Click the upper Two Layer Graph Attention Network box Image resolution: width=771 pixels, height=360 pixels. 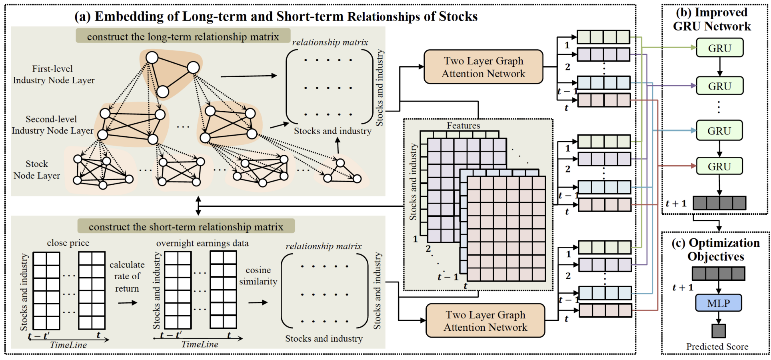[483, 67]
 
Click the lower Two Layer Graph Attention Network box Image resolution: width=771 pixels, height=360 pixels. [485, 321]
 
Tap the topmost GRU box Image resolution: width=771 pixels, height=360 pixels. [719, 48]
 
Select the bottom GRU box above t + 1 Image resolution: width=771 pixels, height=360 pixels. [719, 166]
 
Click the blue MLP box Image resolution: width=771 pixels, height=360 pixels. [718, 303]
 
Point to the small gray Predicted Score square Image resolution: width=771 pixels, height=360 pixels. [718, 331]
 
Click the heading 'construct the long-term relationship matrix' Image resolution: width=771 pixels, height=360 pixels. [183, 36]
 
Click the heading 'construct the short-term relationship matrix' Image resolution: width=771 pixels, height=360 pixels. [186, 227]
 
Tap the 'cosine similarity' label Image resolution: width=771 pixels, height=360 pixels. [258, 276]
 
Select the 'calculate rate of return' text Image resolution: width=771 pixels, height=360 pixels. [127, 276]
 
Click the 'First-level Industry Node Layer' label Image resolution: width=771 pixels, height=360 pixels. [54, 74]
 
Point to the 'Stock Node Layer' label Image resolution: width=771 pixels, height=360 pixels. [37, 170]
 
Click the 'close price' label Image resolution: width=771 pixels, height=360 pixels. [68, 243]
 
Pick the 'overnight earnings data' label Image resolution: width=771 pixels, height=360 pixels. [202, 243]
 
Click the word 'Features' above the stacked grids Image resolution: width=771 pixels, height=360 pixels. [463, 126]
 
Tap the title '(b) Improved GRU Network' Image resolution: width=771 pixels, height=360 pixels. [712, 19]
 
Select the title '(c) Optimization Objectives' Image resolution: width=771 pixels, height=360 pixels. [716, 250]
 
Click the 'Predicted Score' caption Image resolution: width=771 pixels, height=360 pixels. [717, 346]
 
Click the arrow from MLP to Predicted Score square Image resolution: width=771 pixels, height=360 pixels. [718, 318]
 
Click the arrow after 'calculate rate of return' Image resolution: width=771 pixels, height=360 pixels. [128, 303]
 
